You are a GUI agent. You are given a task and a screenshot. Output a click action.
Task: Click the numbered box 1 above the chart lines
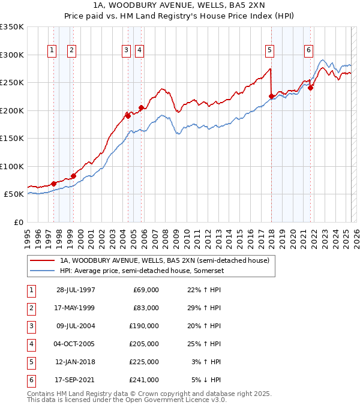pyautogui.click(x=52, y=50)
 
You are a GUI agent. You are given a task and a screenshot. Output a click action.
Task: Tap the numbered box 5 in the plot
pyautogui.click(x=270, y=50)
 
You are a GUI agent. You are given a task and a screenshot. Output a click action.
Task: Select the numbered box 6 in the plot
pyautogui.click(x=308, y=50)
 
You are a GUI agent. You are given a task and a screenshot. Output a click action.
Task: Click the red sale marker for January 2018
pyautogui.click(x=271, y=96)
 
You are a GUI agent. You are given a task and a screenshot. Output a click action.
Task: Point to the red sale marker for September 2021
pyautogui.click(x=311, y=88)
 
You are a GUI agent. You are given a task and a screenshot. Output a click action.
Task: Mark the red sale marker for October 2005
pyautogui.click(x=141, y=108)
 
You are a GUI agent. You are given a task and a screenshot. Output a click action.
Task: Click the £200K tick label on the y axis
pyautogui.click(x=12, y=110)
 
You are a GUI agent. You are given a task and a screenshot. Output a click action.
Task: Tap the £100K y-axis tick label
pyautogui.click(x=12, y=166)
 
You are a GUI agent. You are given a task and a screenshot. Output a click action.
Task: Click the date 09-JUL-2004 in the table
pyautogui.click(x=76, y=325)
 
